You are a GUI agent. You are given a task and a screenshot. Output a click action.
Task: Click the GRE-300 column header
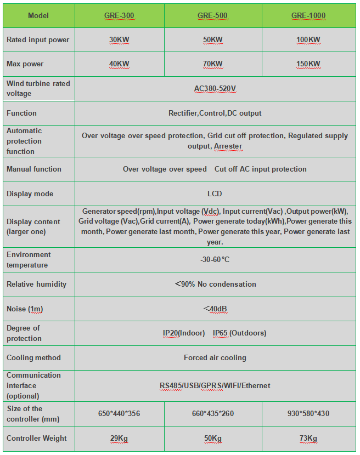(119, 16)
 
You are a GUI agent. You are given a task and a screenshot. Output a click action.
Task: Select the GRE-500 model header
(213, 16)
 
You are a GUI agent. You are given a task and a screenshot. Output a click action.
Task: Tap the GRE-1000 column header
(308, 16)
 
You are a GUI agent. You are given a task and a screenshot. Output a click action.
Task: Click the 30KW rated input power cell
(119, 40)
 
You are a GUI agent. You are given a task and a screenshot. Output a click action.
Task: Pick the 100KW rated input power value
(308, 40)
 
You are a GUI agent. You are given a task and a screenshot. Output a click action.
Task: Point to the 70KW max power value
(213, 64)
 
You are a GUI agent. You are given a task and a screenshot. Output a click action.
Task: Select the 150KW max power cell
(308, 64)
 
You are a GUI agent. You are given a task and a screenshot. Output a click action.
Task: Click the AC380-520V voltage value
(215, 88)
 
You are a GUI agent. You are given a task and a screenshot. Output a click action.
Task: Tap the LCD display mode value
(215, 194)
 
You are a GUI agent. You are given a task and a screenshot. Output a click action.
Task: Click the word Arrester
(228, 146)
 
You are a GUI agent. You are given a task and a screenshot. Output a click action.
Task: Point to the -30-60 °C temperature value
(215, 260)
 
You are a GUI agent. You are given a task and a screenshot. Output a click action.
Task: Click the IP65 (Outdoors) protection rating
(239, 333)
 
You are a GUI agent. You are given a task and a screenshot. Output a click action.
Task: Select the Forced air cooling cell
(215, 357)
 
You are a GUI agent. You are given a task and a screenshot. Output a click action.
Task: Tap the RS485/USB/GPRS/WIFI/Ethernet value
(215, 385)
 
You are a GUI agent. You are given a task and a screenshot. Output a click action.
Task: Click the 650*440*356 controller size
(119, 413)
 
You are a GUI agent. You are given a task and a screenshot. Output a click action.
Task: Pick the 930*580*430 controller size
(308, 413)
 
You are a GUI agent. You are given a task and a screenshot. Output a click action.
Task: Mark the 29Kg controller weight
(119, 439)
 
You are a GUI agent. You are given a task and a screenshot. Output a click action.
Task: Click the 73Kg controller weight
(308, 439)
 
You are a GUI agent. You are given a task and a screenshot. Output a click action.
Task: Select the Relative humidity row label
(36, 284)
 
